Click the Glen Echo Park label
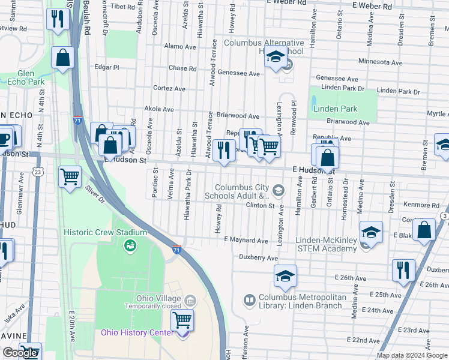[x=26, y=77]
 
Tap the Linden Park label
[x=335, y=109]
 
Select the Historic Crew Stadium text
[x=106, y=232]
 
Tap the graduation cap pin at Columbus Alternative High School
[x=275, y=59]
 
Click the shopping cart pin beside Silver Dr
[x=70, y=177]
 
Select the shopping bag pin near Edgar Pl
[x=63, y=58]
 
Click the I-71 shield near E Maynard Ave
[x=177, y=248]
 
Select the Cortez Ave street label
[x=169, y=88]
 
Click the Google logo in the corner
[x=20, y=353]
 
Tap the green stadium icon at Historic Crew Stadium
[x=129, y=245]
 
